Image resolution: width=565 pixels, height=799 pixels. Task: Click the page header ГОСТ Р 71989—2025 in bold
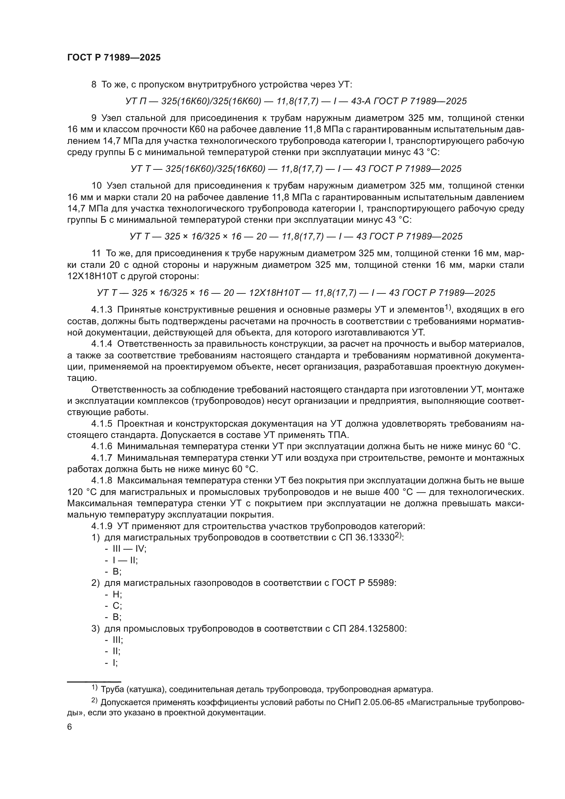tap(114, 58)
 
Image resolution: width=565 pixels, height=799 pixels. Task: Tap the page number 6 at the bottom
tap(70, 727)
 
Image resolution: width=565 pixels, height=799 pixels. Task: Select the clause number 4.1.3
tap(101, 310)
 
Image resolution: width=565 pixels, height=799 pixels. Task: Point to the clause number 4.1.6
tap(101, 446)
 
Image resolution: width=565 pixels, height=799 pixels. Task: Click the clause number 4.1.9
tap(101, 526)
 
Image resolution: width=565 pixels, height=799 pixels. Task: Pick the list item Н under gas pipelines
tap(116, 594)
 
